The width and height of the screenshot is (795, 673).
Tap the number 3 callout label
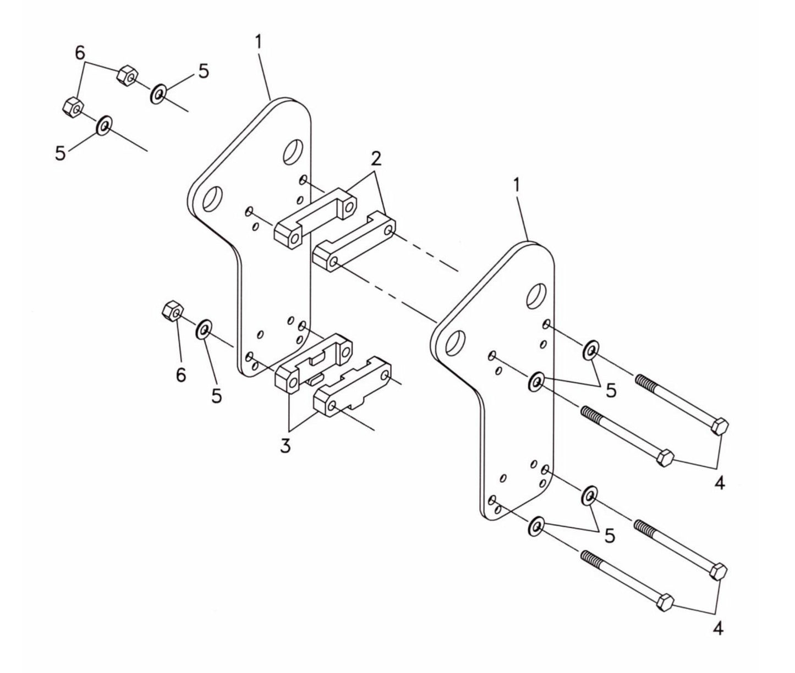point(284,446)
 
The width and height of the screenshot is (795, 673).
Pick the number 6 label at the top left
point(80,53)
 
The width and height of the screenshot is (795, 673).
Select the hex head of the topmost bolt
point(720,426)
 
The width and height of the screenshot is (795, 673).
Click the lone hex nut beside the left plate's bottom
point(172,312)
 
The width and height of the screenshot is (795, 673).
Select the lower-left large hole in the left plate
point(212,198)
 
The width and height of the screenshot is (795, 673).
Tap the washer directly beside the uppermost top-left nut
point(159,94)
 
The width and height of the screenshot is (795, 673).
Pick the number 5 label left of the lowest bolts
point(609,536)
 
